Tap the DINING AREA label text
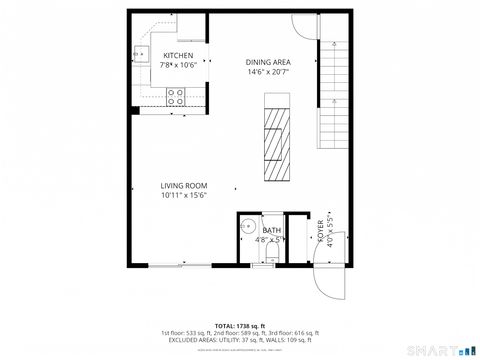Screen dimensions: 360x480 point(268,62)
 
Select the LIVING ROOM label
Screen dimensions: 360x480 point(184,185)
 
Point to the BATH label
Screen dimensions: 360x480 point(272,230)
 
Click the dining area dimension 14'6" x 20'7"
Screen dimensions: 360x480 point(268,72)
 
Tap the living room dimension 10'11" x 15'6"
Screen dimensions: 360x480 point(184,195)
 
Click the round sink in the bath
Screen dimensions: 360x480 point(248,227)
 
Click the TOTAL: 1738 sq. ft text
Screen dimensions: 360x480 point(239,325)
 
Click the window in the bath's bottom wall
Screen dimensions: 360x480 point(263,265)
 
